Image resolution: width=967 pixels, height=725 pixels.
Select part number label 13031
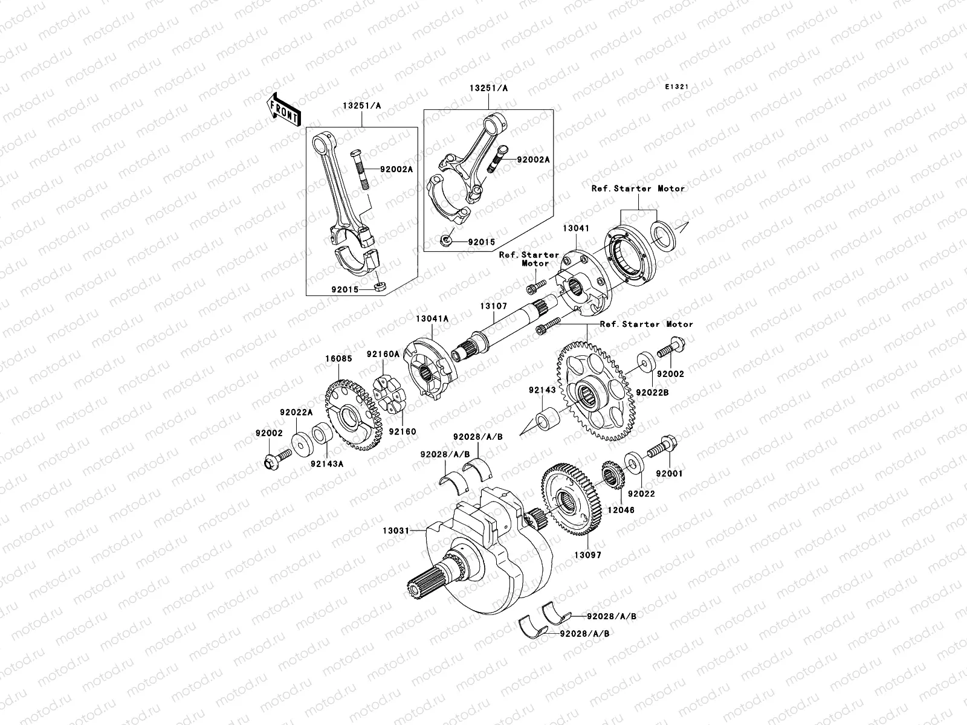pyautogui.click(x=395, y=531)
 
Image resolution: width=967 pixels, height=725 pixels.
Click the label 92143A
pyautogui.click(x=327, y=463)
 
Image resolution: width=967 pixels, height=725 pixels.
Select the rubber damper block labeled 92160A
pyautogui.click(x=387, y=386)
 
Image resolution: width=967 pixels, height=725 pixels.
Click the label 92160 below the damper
pyautogui.click(x=400, y=431)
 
